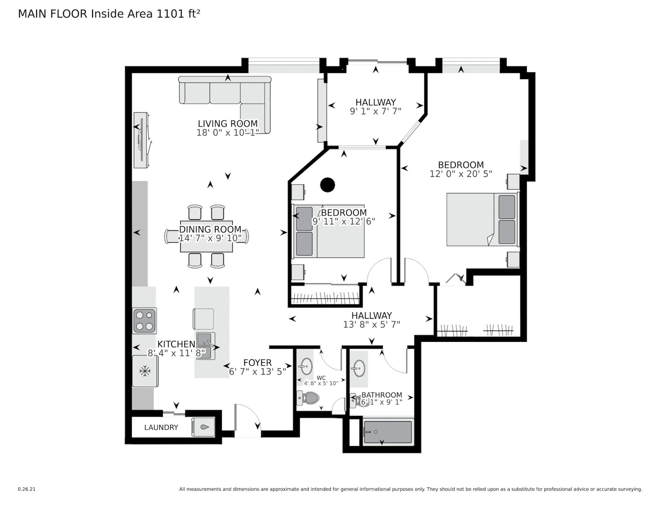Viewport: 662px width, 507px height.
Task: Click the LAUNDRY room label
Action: [161, 427]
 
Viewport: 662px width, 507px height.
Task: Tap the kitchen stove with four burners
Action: [144, 321]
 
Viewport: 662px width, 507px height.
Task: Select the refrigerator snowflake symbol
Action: [145, 371]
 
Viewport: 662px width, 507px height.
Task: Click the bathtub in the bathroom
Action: [388, 431]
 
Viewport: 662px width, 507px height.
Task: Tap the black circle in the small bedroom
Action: [328, 184]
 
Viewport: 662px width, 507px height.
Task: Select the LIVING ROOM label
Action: [228, 123]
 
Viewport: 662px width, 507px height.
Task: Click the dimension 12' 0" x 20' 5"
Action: [461, 174]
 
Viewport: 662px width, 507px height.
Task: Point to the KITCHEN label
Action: [176, 344]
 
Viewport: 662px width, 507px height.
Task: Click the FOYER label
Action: [258, 363]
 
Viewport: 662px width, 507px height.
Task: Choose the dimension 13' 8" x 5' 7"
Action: [372, 324]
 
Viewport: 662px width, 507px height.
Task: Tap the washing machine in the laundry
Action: [203, 427]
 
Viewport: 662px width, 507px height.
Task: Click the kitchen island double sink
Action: [206, 346]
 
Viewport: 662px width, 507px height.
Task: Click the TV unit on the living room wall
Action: [142, 140]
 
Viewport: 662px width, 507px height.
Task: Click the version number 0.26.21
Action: [27, 489]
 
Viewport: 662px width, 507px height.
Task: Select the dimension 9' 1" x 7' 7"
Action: [376, 111]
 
